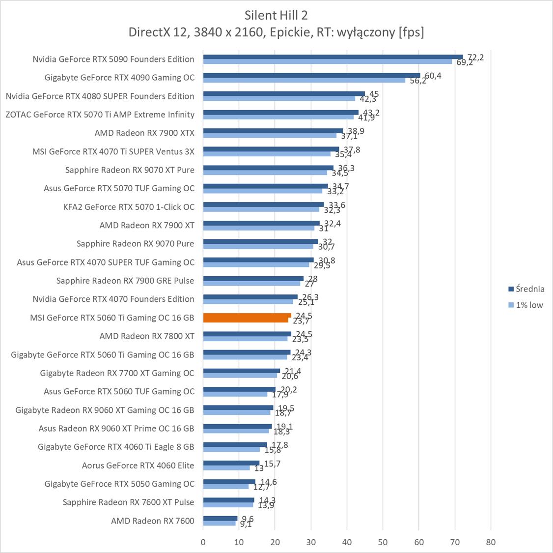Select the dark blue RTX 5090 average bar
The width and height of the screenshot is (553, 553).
click(x=332, y=57)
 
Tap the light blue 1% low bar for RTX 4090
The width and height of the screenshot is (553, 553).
click(x=304, y=80)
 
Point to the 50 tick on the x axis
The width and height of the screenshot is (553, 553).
click(x=383, y=542)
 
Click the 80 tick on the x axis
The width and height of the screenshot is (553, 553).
click(x=491, y=542)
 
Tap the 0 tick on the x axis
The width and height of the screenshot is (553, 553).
click(x=203, y=542)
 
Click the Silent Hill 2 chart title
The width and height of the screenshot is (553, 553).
click(x=276, y=15)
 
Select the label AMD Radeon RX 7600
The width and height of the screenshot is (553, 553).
click(x=152, y=521)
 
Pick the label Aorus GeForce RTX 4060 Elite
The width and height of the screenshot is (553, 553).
click(x=138, y=465)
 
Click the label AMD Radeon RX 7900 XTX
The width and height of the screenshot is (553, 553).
click(x=144, y=133)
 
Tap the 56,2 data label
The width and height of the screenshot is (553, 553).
click(x=417, y=81)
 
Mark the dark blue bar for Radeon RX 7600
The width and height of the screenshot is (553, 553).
click(x=220, y=518)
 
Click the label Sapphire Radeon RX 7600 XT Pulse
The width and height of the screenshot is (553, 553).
click(x=128, y=502)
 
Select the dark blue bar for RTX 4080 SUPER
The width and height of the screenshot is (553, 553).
click(x=284, y=93)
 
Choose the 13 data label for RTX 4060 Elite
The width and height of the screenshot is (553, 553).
click(x=259, y=468)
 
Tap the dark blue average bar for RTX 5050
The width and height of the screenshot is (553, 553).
click(x=229, y=481)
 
